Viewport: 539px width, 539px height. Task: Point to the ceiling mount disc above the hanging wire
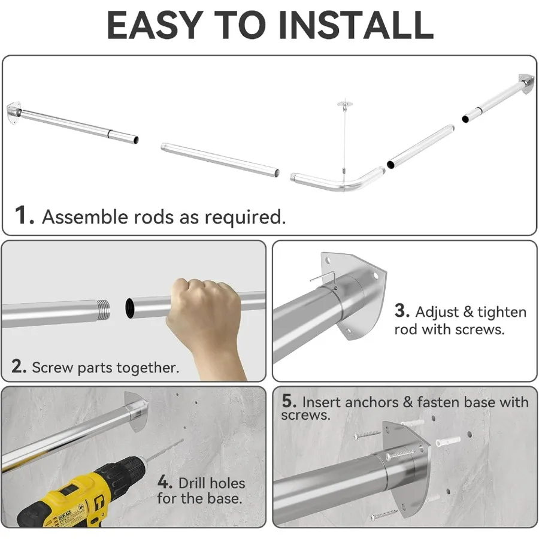coord(344,103)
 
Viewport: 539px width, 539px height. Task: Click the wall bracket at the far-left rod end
coord(14,113)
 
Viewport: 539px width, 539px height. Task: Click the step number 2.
coord(19,367)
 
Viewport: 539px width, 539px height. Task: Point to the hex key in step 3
coord(323,277)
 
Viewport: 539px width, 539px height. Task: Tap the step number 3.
coord(402,310)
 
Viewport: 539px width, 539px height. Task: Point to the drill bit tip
coord(182,440)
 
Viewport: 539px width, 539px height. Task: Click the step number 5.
coord(289,401)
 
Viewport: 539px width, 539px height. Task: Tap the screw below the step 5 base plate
coord(384,514)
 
